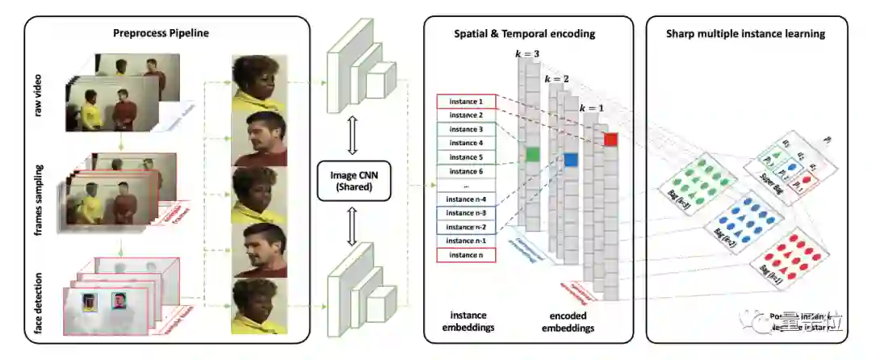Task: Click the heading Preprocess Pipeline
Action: coord(161,34)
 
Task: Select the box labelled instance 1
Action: coord(465,102)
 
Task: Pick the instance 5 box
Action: coord(465,157)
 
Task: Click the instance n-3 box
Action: coord(465,213)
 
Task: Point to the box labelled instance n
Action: coord(465,255)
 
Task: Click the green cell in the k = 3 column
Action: coord(532,153)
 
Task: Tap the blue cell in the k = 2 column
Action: coord(571,160)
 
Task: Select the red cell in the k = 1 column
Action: coord(610,140)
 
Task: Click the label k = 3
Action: coord(528,52)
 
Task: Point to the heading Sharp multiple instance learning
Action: coord(745,34)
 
